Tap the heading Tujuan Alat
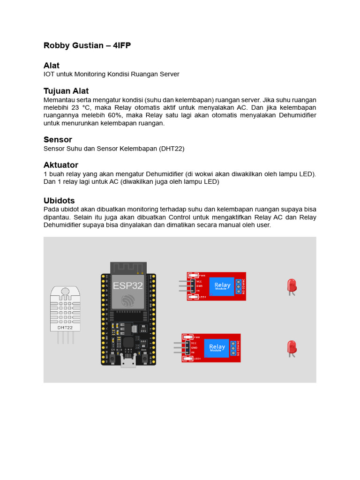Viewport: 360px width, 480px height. coord(66,90)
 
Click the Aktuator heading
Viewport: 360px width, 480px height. coord(61,165)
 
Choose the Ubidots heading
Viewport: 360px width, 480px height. coord(59,201)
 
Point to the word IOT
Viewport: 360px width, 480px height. coord(49,74)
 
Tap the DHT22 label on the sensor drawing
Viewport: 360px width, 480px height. coord(65,328)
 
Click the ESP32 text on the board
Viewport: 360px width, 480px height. coord(127,285)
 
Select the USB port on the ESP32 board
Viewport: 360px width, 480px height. coord(127,360)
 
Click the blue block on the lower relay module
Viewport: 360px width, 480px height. coord(217,348)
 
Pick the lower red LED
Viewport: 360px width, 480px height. coord(292,348)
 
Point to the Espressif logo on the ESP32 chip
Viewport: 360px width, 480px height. coord(127,300)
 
